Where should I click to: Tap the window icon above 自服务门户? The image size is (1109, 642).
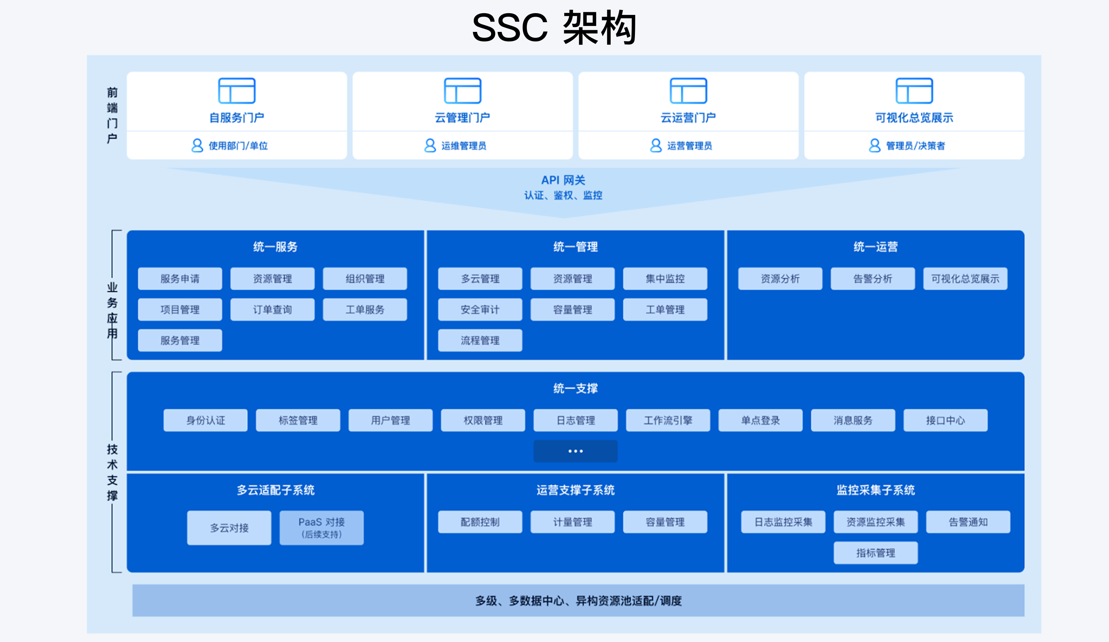pyautogui.click(x=237, y=91)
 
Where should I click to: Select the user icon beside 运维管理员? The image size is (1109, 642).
pyautogui.click(x=430, y=145)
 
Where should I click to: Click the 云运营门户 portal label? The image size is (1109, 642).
pyautogui.click(x=688, y=118)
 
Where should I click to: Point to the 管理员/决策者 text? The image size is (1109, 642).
pyautogui.click(x=915, y=146)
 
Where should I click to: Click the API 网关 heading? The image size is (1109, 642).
pyautogui.click(x=563, y=180)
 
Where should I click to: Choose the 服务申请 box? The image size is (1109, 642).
pyautogui.click(x=180, y=279)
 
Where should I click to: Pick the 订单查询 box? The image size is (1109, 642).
pyautogui.click(x=272, y=310)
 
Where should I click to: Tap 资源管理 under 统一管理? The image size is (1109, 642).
pyautogui.click(x=573, y=279)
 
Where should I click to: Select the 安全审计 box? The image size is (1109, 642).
pyautogui.click(x=480, y=310)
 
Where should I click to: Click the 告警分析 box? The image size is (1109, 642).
pyautogui.click(x=873, y=279)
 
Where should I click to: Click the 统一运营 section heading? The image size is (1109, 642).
pyautogui.click(x=875, y=246)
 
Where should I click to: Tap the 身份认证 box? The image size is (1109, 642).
pyautogui.click(x=206, y=420)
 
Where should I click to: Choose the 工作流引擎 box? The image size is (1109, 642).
pyautogui.click(x=668, y=420)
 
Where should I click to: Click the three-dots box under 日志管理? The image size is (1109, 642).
pyautogui.click(x=575, y=451)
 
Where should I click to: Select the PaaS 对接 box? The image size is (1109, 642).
pyautogui.click(x=322, y=528)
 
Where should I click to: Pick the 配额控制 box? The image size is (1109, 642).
pyautogui.click(x=480, y=522)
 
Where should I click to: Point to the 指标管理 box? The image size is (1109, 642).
pyautogui.click(x=875, y=553)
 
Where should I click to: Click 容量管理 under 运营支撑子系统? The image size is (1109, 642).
pyautogui.click(x=665, y=522)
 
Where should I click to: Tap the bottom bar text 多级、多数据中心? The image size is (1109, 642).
pyautogui.click(x=578, y=601)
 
